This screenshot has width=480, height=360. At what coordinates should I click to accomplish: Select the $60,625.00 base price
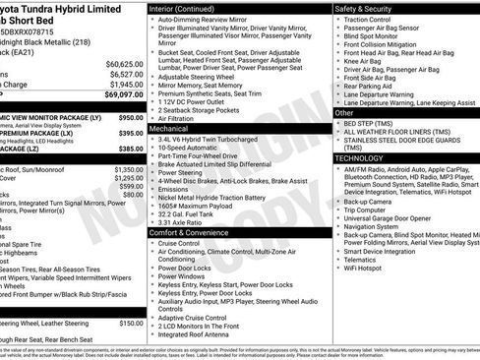(125, 63)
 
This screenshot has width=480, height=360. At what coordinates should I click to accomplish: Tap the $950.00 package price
(130, 116)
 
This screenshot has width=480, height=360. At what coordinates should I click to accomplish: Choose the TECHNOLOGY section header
(359, 157)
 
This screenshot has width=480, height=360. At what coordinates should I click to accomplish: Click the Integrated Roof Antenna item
(198, 334)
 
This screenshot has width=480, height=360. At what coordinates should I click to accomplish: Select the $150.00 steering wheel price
(131, 323)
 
